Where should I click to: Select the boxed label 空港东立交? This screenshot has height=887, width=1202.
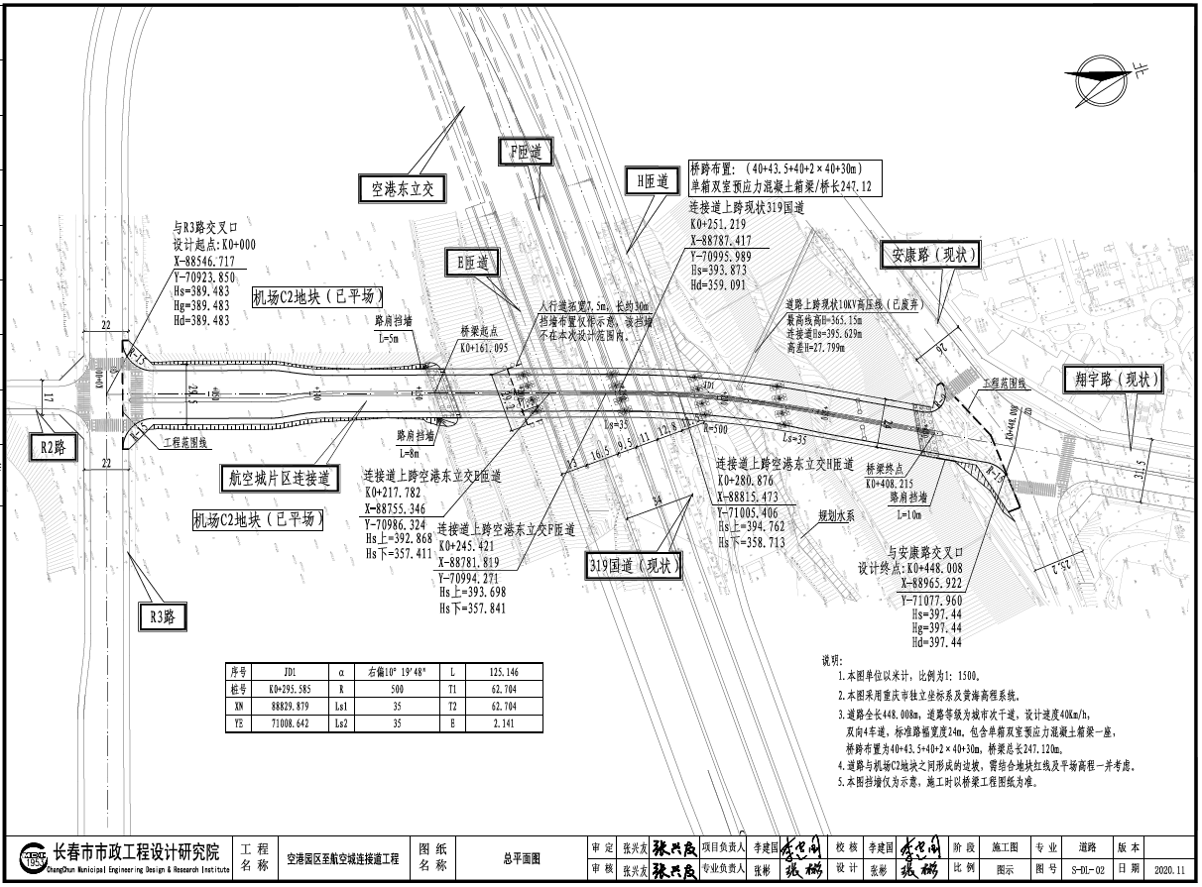click(x=404, y=188)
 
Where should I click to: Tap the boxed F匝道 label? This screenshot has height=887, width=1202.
click(x=525, y=153)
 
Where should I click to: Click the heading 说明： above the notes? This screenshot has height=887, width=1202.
click(x=831, y=660)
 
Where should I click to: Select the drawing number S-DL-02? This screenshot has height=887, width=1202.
click(x=1086, y=868)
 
